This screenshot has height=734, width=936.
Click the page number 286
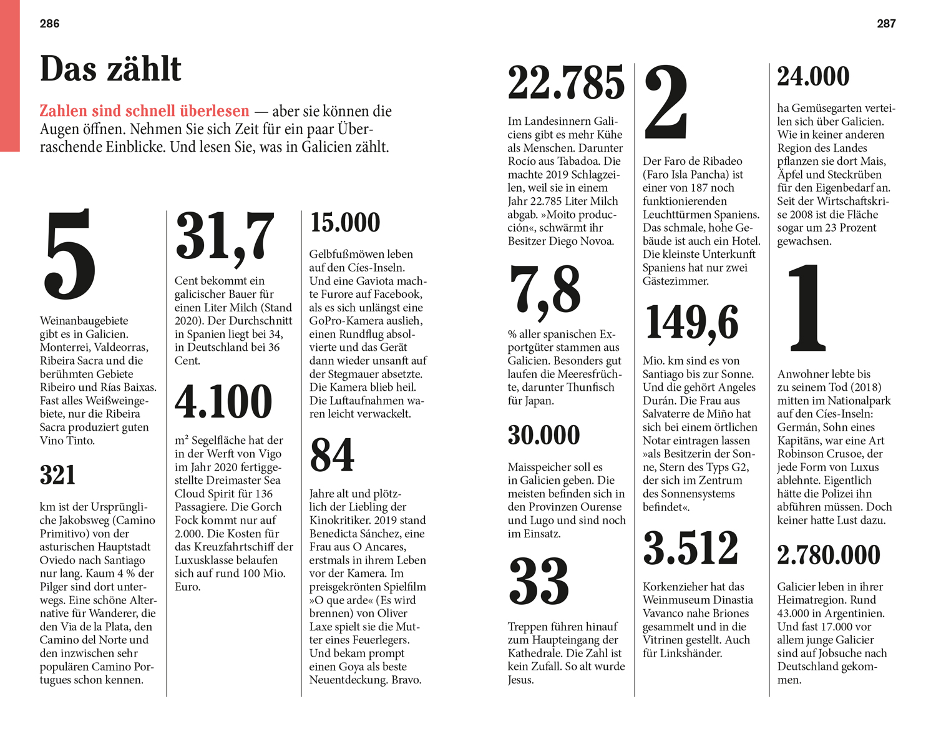(x=49, y=24)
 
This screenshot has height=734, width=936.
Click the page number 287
(x=886, y=24)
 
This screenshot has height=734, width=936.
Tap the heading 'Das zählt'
(x=110, y=69)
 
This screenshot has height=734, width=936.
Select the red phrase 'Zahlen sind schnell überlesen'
(x=144, y=111)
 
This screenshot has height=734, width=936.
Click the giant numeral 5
(x=70, y=255)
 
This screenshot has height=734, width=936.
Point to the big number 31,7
(x=225, y=237)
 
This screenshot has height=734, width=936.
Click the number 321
(x=57, y=476)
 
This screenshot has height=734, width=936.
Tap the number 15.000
(x=345, y=223)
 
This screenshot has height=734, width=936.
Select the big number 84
(x=332, y=455)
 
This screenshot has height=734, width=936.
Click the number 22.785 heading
(x=566, y=83)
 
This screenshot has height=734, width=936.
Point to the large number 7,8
(x=545, y=290)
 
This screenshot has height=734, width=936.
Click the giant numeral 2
(x=666, y=104)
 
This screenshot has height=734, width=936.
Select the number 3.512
(x=691, y=549)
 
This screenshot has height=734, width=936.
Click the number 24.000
(x=813, y=77)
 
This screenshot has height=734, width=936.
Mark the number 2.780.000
(x=829, y=555)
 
